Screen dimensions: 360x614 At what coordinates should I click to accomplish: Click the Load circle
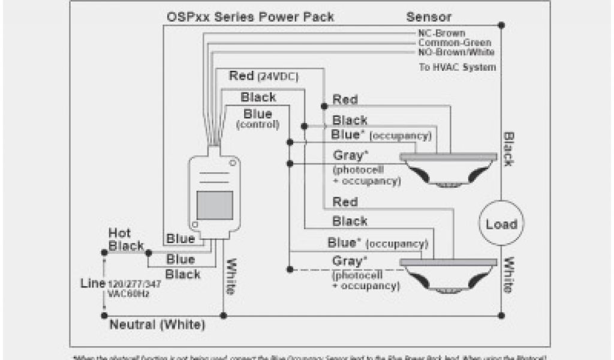click(501, 224)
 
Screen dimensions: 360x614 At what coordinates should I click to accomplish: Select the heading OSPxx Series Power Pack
click(250, 16)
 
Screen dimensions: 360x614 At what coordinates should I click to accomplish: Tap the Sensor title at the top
click(429, 16)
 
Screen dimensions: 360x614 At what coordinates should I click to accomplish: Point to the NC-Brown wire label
click(441, 33)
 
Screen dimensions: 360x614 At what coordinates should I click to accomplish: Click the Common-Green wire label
click(455, 43)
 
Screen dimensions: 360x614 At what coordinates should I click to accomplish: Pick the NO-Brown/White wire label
click(456, 52)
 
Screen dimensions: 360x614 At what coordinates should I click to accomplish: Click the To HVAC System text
click(457, 67)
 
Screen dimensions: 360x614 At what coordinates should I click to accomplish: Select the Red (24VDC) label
click(264, 77)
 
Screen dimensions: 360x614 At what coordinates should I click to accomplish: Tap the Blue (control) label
click(258, 119)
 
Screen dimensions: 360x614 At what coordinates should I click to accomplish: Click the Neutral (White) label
click(157, 325)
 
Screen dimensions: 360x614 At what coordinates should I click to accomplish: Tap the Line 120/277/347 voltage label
click(121, 286)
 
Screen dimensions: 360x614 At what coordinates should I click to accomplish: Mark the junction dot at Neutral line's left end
click(104, 315)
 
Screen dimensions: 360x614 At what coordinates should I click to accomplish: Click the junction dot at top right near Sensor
click(501, 25)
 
